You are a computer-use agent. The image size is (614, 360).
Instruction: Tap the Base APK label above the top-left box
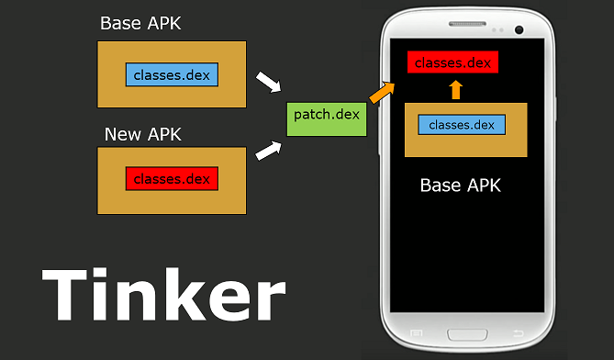tap(140, 23)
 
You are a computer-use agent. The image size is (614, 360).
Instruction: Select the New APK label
tap(142, 134)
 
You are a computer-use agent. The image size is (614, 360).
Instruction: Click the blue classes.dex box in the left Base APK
tap(173, 73)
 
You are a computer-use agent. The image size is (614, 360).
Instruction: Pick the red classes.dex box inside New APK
tap(173, 178)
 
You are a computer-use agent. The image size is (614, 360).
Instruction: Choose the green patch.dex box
tap(327, 115)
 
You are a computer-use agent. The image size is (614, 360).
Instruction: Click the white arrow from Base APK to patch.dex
tap(267, 83)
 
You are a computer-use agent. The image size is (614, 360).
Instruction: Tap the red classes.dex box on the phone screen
tap(453, 63)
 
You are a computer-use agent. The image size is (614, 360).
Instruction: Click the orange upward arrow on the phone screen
tap(456, 89)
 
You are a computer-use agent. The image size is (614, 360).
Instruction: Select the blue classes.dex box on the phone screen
tap(462, 124)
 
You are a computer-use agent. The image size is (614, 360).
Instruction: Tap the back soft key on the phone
tap(517, 332)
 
